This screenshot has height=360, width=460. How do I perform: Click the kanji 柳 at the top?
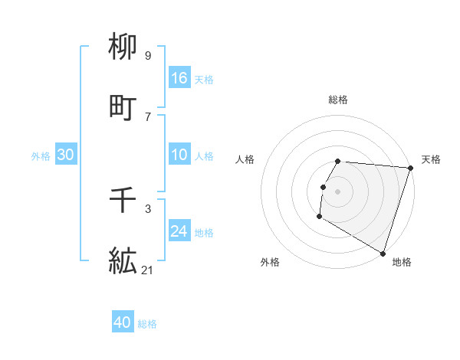point(123,47)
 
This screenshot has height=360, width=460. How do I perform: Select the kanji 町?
point(123,108)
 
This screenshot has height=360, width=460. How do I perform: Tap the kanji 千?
point(123,201)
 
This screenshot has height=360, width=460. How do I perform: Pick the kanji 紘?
point(123,261)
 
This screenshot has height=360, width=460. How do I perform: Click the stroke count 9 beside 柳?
point(147,55)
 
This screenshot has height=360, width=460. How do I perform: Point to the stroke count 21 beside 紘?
point(147,270)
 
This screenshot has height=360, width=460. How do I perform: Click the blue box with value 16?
point(179,78)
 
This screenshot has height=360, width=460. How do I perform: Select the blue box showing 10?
point(179,155)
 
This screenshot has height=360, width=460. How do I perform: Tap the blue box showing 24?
point(179,231)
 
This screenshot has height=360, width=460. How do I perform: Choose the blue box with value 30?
point(65,155)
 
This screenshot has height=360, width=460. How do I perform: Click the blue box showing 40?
point(123,322)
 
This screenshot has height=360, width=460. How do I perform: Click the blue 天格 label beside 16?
point(204,80)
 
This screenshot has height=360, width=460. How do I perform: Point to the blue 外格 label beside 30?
point(41,156)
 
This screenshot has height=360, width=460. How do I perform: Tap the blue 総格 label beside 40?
point(147,324)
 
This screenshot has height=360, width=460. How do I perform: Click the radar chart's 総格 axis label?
point(338,100)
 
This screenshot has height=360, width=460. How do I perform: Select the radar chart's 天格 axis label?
point(431,159)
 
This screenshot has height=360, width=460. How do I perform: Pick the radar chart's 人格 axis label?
point(245,159)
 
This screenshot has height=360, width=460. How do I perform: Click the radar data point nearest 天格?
point(410,168)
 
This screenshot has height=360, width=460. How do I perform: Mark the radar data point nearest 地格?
point(382,253)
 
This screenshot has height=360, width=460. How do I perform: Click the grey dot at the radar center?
point(338,191)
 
